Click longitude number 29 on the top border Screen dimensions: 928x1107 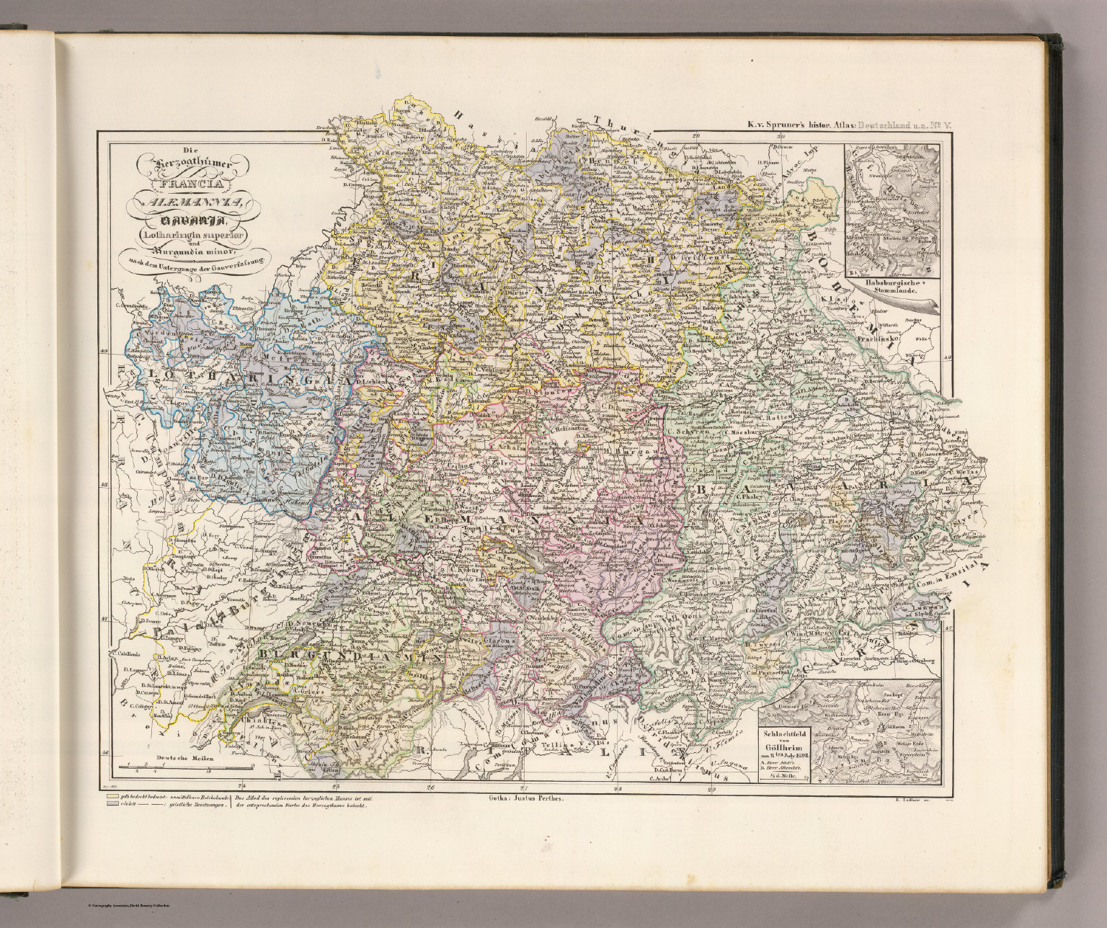[x=696, y=135]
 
